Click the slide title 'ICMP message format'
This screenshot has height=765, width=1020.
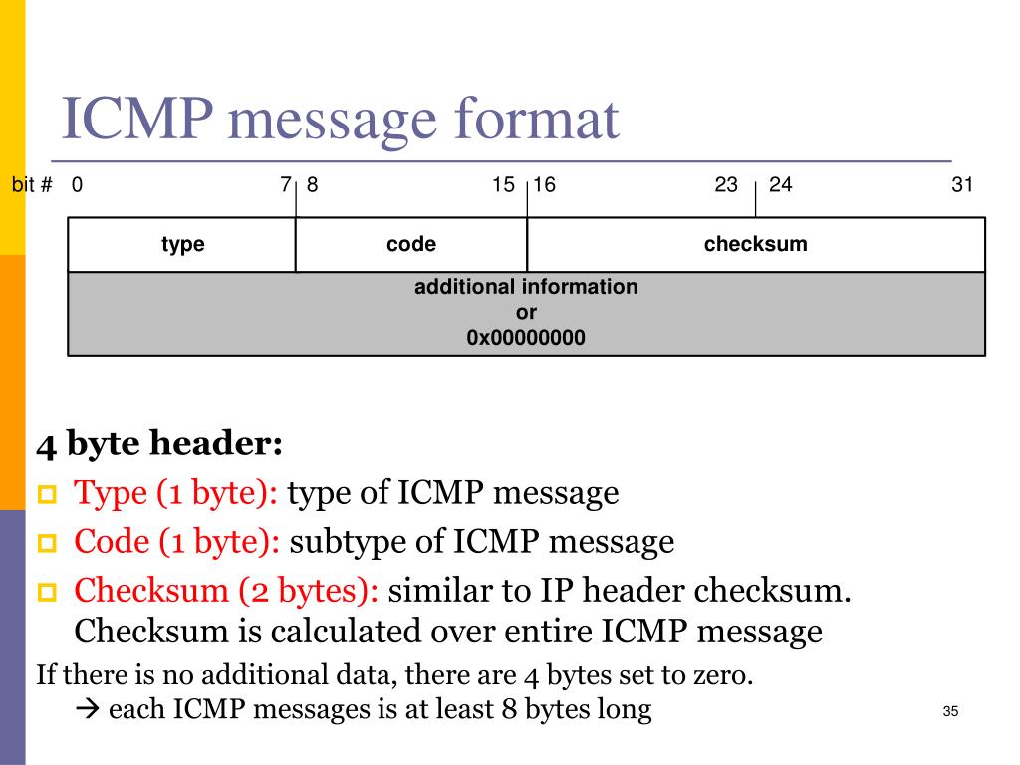(340, 120)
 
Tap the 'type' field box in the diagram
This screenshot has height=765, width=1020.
(182, 244)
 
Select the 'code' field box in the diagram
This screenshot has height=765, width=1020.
(411, 244)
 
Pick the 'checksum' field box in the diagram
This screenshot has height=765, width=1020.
(755, 244)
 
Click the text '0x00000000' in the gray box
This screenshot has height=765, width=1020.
(526, 338)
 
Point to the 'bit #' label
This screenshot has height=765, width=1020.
(32, 185)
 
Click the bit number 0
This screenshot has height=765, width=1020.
(77, 185)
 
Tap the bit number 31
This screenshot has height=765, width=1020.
(961, 185)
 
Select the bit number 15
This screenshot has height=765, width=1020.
(503, 185)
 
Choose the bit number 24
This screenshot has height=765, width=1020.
(780, 185)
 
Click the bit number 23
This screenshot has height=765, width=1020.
(726, 185)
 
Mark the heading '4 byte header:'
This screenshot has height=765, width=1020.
(159, 443)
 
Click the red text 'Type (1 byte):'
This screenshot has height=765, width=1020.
(180, 493)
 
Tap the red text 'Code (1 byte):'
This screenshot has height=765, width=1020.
(177, 542)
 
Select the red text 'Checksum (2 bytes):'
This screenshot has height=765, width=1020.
(226, 591)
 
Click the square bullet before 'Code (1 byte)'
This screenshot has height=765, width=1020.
(48, 544)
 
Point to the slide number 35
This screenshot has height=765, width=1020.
(949, 711)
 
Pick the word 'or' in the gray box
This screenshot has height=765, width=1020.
(526, 313)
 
